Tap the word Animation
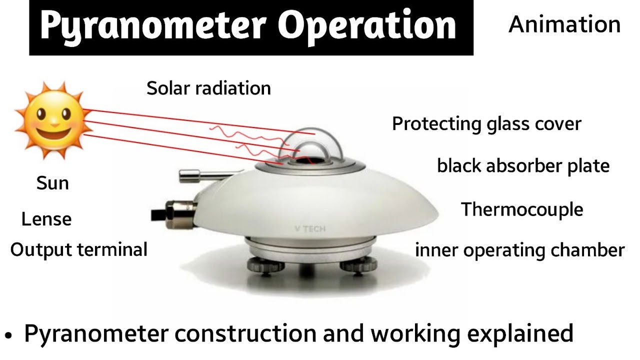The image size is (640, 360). (x=564, y=24)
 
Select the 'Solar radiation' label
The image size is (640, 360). (x=208, y=88)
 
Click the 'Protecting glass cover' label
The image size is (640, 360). (x=486, y=123)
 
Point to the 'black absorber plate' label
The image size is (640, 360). (x=523, y=165)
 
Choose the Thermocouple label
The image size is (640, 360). (x=522, y=209)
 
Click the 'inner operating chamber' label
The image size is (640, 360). (x=519, y=250)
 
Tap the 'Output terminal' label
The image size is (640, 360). (x=79, y=249)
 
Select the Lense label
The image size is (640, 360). (x=46, y=219)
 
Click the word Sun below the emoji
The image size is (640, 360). (x=52, y=183)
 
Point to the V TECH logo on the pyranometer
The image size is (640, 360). (x=310, y=229)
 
